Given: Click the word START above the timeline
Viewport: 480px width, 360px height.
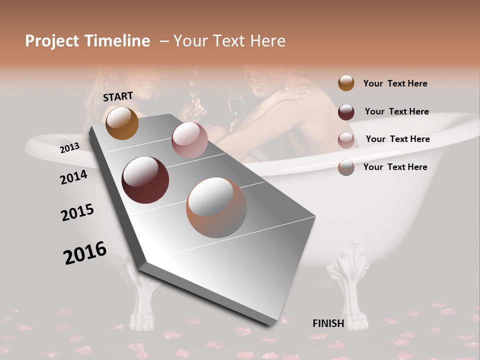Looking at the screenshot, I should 118,96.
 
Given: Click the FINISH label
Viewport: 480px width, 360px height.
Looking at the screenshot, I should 328,323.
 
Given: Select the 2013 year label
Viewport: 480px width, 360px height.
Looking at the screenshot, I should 69,148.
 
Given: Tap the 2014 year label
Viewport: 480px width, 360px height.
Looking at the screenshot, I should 73,177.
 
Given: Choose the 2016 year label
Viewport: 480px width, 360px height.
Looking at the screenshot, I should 85,252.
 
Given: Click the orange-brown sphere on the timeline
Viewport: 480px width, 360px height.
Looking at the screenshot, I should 122,123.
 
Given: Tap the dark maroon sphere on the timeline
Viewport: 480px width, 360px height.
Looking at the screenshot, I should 145,180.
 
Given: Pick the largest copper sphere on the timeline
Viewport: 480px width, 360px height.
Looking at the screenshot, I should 216,207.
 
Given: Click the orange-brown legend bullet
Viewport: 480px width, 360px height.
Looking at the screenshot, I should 346,83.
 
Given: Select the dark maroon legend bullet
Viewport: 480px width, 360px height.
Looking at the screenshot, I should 346,112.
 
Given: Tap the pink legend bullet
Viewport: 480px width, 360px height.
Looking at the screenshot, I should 346,139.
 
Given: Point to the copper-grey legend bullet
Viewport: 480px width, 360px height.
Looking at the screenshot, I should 346,167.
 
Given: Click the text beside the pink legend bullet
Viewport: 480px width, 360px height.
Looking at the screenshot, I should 397,139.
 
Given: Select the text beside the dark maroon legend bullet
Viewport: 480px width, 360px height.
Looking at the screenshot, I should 396,111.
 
